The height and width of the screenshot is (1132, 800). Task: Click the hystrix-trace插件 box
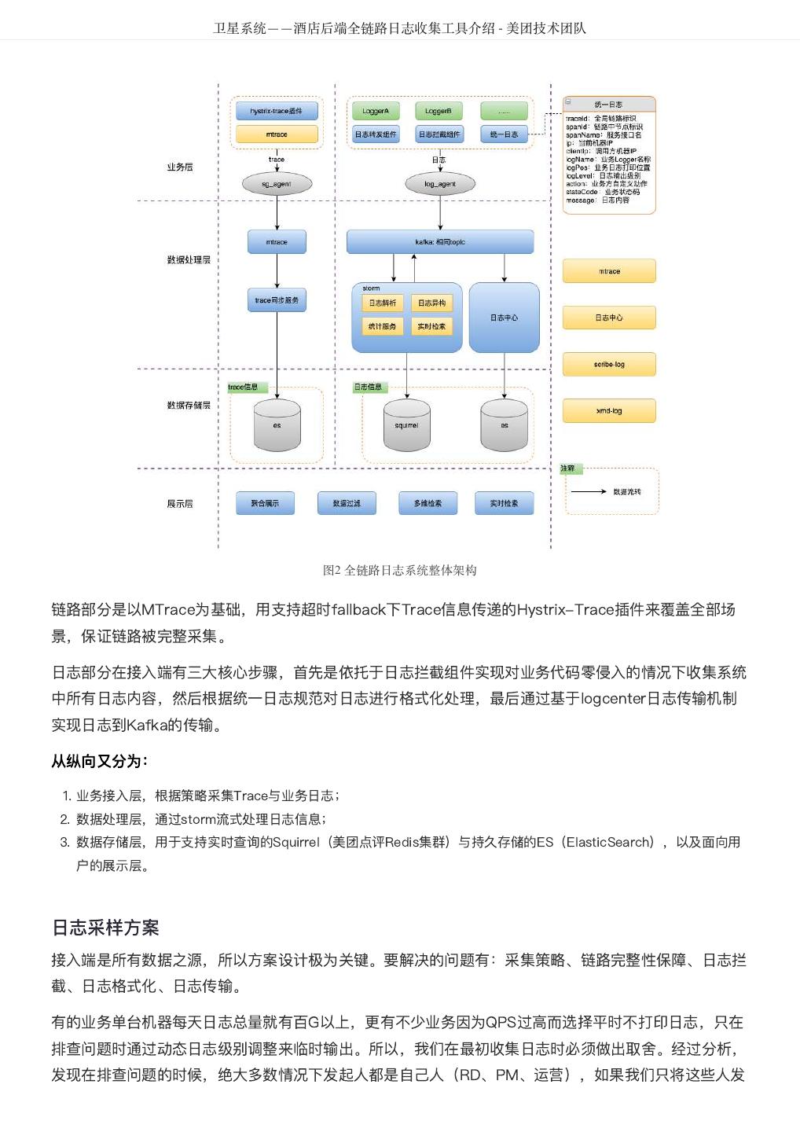tap(277, 111)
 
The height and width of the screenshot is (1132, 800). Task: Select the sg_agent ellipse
tap(277, 184)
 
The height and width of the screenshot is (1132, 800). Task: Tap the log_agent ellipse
tap(439, 184)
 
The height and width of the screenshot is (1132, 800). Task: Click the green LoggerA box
tap(376, 111)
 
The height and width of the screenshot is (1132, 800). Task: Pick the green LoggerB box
tap(439, 111)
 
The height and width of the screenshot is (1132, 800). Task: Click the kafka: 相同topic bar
tap(439, 242)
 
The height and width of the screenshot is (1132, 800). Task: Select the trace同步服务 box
tap(277, 300)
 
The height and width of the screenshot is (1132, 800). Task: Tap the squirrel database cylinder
tap(406, 425)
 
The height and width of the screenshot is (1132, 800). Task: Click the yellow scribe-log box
tap(609, 364)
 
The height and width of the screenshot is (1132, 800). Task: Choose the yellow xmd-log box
tap(609, 410)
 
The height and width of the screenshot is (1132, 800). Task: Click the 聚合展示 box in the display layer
tap(265, 503)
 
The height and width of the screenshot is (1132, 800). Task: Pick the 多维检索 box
tap(428, 503)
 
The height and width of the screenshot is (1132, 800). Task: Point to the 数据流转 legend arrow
tap(589, 491)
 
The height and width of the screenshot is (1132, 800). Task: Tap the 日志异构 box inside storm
tap(431, 303)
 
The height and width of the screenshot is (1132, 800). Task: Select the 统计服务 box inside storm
tap(382, 326)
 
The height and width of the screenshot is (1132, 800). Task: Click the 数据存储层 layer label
tap(189, 405)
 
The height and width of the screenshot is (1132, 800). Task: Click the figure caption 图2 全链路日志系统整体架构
tap(399, 570)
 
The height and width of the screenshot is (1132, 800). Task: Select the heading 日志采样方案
tap(105, 928)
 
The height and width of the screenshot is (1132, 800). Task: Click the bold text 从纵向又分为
tap(99, 761)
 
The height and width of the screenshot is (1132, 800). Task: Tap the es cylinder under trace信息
tap(277, 425)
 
